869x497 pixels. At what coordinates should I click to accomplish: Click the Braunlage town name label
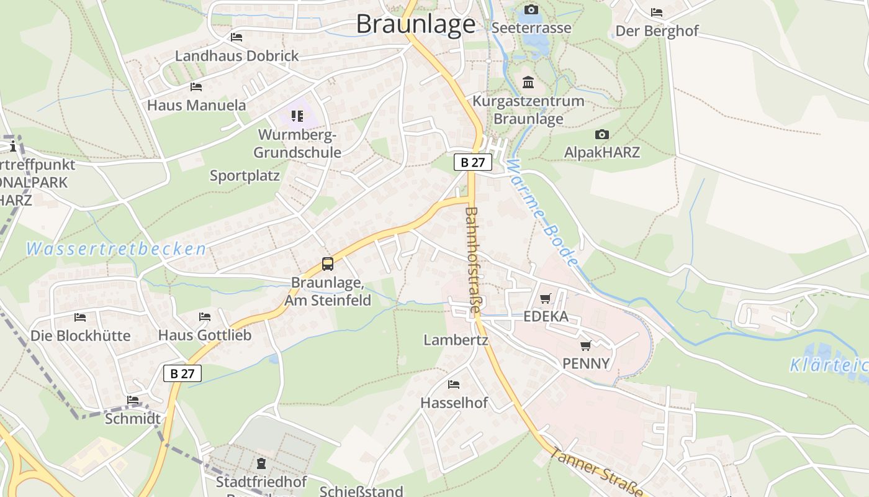click(415, 24)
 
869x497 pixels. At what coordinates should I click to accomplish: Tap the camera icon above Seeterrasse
click(531, 9)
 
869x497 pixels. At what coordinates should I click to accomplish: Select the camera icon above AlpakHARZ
click(601, 134)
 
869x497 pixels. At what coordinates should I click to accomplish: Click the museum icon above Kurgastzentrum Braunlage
click(528, 82)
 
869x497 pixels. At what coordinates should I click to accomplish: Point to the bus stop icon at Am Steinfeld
click(328, 264)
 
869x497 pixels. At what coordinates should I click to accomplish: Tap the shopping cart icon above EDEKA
click(546, 298)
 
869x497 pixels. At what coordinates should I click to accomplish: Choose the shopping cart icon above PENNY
click(585, 345)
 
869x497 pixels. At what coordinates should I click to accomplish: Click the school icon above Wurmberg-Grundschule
click(297, 116)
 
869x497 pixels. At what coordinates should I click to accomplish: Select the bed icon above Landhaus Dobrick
click(236, 37)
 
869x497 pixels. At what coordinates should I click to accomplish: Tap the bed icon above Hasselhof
click(454, 385)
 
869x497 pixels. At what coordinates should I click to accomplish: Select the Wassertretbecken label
click(116, 250)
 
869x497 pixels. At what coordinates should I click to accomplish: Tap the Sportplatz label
click(245, 176)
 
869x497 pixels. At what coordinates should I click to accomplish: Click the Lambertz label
click(456, 340)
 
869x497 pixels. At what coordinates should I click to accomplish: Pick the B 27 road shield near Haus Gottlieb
click(182, 373)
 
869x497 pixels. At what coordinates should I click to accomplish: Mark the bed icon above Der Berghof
click(657, 12)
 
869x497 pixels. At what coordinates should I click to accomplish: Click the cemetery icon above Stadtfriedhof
click(261, 463)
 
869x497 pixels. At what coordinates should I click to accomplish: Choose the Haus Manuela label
click(196, 105)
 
